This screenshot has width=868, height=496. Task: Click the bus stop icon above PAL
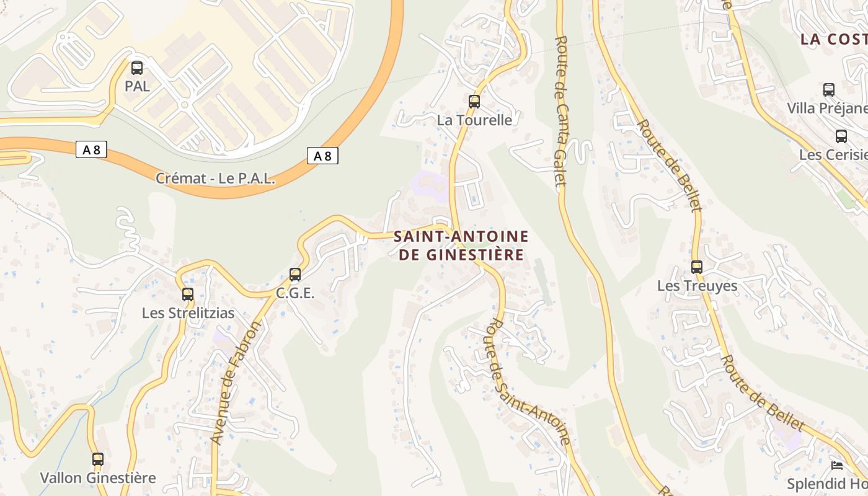click(x=137, y=68)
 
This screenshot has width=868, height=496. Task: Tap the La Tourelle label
click(x=475, y=120)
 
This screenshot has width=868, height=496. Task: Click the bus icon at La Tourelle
click(x=474, y=101)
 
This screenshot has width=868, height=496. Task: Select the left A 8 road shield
click(x=91, y=149)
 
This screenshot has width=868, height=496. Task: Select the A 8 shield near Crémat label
click(x=322, y=156)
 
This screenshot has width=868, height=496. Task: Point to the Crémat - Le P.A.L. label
click(x=215, y=179)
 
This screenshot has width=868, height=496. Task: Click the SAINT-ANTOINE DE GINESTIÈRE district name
click(x=461, y=246)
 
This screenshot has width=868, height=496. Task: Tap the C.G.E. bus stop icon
click(x=295, y=274)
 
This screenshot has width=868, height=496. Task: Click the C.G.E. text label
click(x=295, y=293)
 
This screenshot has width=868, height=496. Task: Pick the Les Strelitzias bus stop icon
click(x=188, y=294)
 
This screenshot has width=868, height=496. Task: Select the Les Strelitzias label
click(x=188, y=313)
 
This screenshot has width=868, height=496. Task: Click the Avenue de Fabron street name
click(x=234, y=383)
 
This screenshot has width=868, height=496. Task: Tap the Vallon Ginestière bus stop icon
click(x=98, y=459)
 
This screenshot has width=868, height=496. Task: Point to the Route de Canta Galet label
click(x=560, y=112)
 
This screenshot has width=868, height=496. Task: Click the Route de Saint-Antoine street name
click(x=529, y=382)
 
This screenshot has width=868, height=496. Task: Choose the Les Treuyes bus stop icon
click(x=697, y=267)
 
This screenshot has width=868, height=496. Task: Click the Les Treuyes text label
click(x=697, y=286)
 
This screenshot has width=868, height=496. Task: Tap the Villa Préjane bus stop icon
click(x=829, y=89)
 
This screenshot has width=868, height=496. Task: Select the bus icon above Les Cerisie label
click(x=841, y=136)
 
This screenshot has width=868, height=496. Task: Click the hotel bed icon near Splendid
click(x=837, y=465)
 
